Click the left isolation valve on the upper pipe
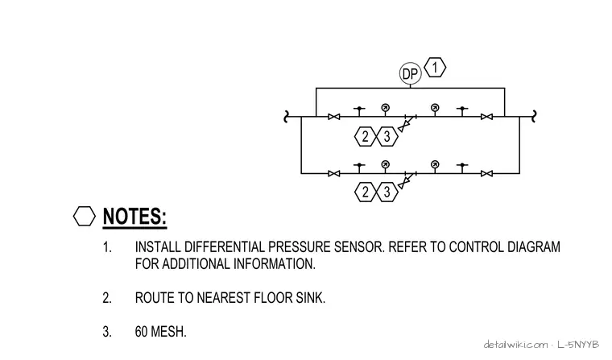click(333, 117)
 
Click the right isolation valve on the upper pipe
click(486, 117)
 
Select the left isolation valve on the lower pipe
click(333, 173)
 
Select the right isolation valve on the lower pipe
click(486, 173)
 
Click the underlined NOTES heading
click(134, 217)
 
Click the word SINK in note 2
click(310, 298)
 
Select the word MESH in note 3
click(168, 332)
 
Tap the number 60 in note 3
click(141, 332)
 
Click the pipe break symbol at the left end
click(286, 117)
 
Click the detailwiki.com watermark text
click(515, 345)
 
